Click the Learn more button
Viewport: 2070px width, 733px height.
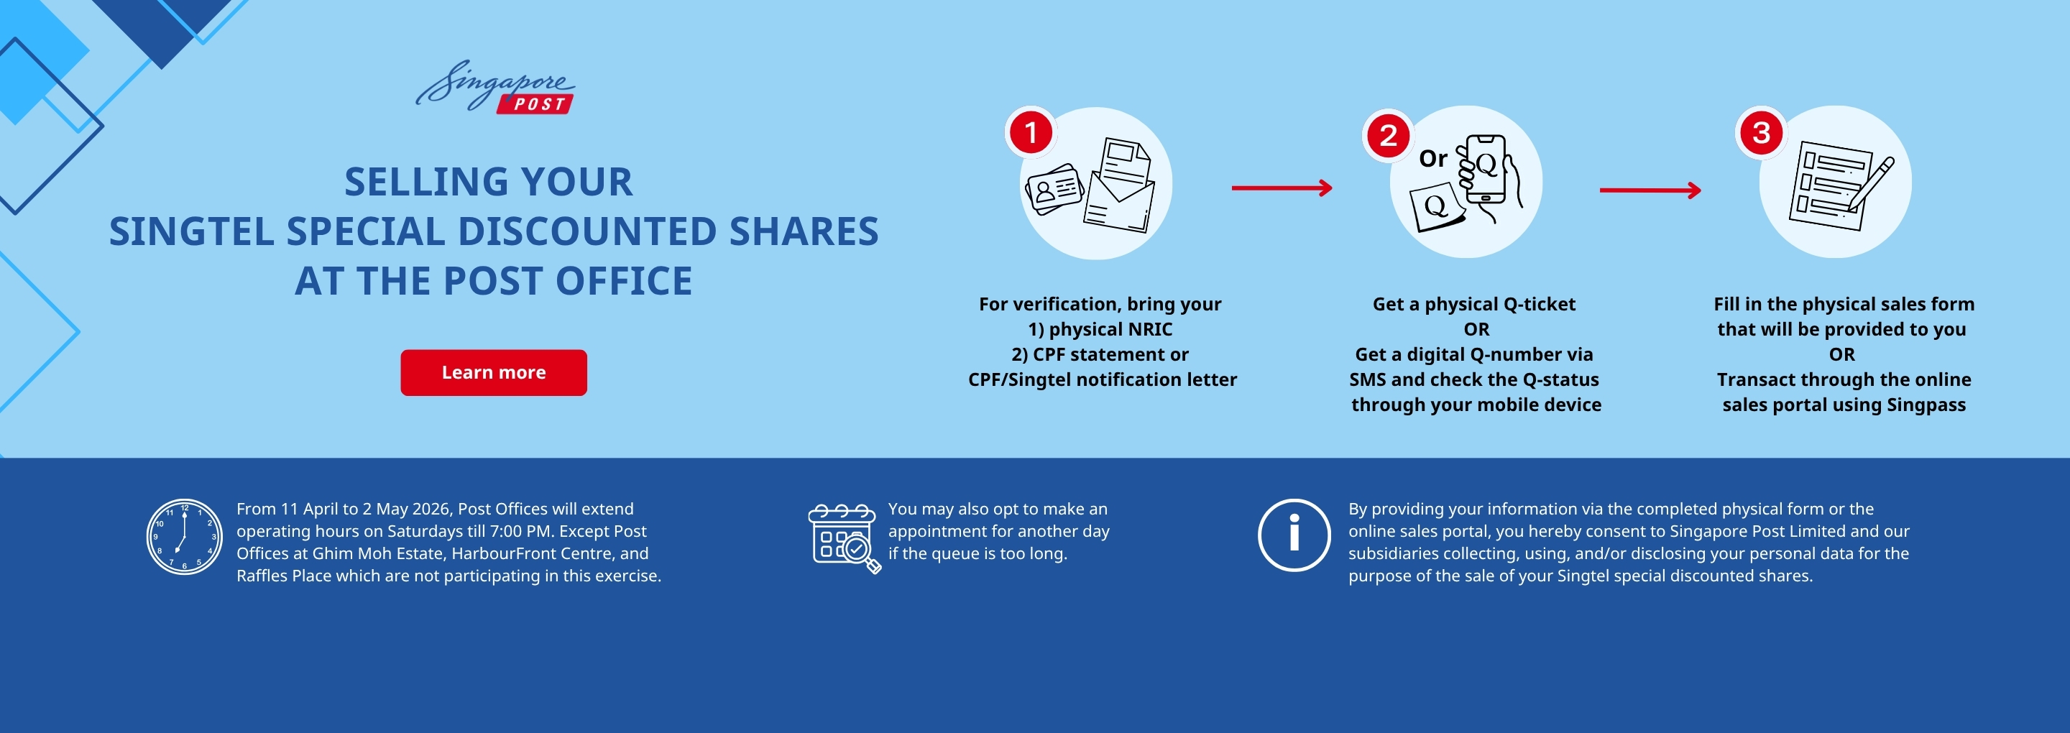point(493,372)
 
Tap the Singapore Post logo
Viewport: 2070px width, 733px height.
point(495,87)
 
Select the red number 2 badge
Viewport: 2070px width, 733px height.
point(1388,135)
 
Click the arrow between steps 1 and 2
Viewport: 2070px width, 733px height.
point(1282,188)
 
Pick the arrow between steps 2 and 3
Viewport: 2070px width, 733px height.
point(1650,190)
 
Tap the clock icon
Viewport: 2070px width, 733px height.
point(184,537)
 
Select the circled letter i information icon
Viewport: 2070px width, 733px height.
point(1294,535)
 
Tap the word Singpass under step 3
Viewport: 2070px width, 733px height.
point(1926,405)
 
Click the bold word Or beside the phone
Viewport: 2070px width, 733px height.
point(1432,158)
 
